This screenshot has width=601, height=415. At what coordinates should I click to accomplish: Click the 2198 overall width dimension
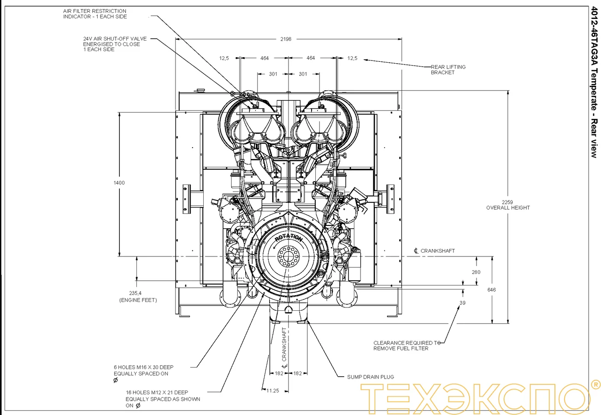tap(286, 39)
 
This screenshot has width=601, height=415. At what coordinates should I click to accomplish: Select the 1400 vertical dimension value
tap(119, 183)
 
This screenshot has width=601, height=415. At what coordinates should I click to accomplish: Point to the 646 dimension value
tap(492, 290)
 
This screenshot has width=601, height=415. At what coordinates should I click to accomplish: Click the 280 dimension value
tap(476, 272)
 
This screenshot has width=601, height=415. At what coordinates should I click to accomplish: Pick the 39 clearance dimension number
tap(462, 303)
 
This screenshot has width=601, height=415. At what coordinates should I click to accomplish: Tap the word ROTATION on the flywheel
tap(289, 238)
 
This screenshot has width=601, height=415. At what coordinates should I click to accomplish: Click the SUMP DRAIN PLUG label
tap(370, 377)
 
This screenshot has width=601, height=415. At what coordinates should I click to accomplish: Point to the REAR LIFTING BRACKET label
tap(448, 70)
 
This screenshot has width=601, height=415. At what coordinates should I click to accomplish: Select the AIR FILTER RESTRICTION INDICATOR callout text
tap(94, 14)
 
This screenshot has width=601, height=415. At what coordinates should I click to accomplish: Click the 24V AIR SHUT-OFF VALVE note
tap(114, 44)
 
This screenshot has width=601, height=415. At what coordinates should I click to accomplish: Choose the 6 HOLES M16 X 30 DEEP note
tap(143, 370)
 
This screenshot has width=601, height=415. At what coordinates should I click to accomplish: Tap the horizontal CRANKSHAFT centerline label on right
tap(437, 251)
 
